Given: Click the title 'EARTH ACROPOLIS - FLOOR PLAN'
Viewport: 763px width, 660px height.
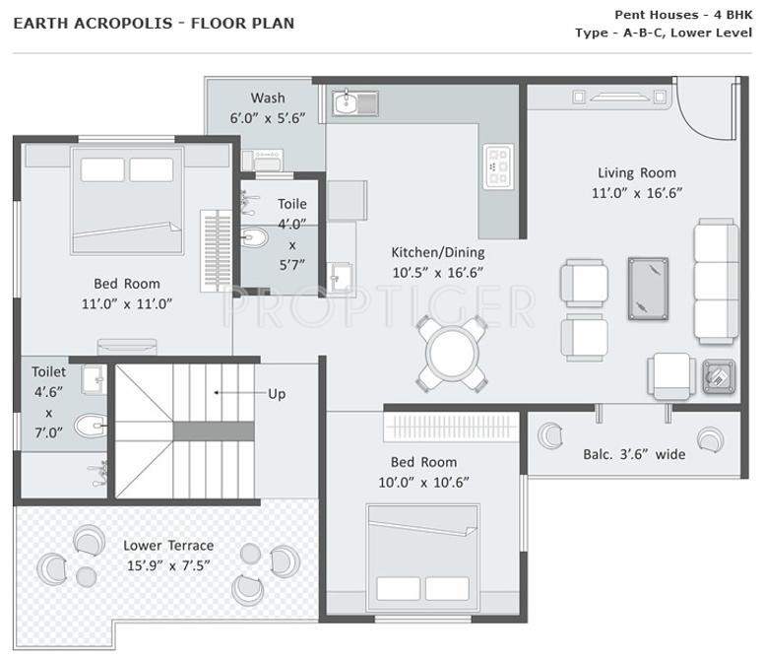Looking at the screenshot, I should coord(154,23).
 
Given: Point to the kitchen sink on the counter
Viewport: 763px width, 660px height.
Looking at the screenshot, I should coord(353,102).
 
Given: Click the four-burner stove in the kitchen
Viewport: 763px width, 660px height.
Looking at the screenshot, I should coord(497,166).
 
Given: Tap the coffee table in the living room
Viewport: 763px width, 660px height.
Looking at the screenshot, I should coord(647,288).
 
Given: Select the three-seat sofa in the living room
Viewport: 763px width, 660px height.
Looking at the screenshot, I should coord(715,270).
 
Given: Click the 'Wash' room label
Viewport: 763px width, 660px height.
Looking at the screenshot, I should coord(268,98).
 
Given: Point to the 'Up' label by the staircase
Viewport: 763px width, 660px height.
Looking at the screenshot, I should coord(277,393).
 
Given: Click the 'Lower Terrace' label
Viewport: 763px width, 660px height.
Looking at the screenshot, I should coord(168,545).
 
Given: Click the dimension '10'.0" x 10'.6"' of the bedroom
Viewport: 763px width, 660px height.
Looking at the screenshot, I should coord(423,482).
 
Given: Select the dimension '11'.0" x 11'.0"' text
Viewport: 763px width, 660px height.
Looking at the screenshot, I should coord(127,303).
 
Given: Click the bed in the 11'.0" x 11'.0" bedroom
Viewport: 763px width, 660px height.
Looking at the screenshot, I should coord(127,199).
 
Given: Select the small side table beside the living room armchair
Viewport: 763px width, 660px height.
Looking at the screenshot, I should coord(718,375).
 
